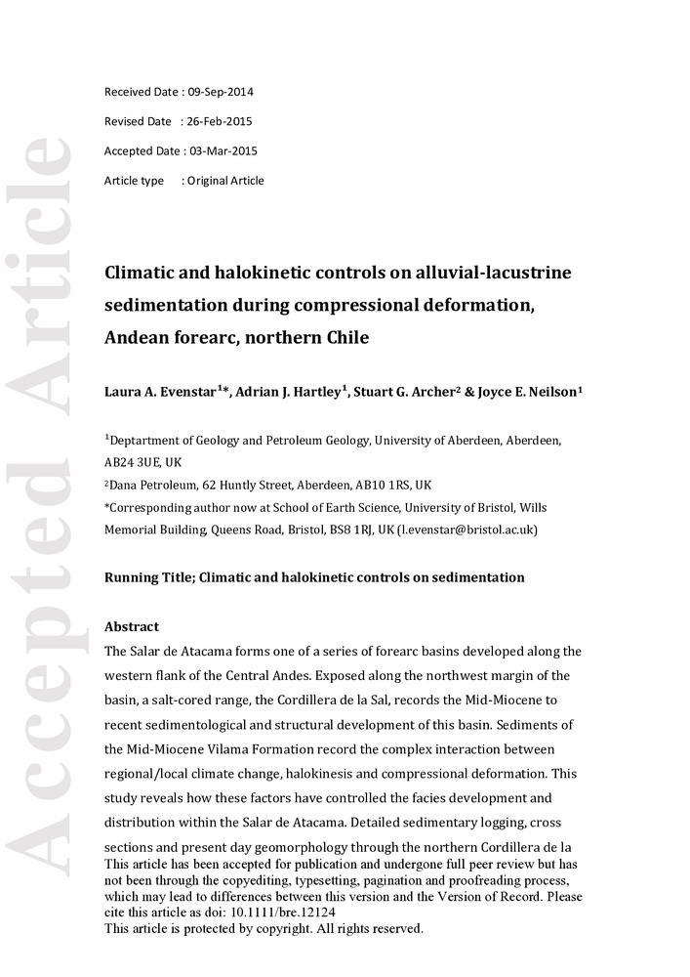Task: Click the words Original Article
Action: point(225,181)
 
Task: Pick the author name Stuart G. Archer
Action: point(411,392)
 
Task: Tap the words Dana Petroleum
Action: point(150,485)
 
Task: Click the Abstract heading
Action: point(132,627)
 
